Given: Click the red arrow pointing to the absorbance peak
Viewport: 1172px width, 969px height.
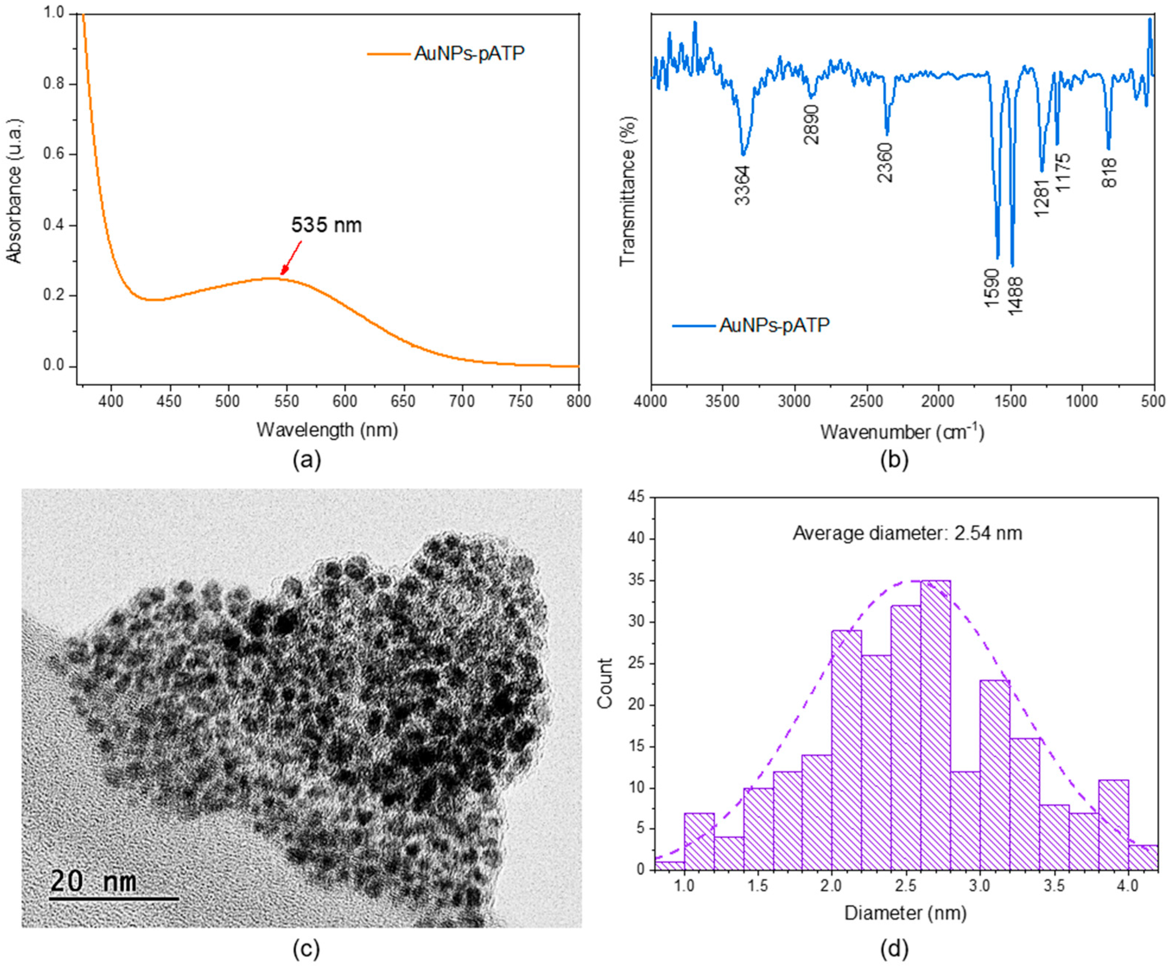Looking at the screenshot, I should point(291,258).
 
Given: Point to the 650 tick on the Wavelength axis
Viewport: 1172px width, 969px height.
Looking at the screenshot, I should point(403,401).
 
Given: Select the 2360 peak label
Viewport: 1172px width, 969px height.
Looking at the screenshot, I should point(885,162).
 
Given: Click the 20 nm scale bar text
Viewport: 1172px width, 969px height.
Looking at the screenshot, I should point(93,881).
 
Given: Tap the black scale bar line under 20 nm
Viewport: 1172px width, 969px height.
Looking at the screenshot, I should point(114,899).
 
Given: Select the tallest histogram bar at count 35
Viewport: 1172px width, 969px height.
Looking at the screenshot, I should point(935,726).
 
